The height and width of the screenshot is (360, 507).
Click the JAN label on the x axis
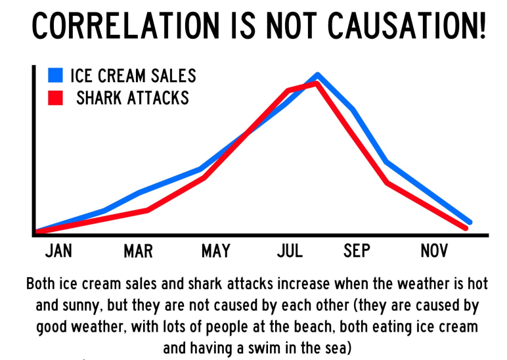click(x=58, y=251)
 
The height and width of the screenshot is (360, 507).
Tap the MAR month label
click(x=138, y=251)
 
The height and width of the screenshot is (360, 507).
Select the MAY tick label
click(x=215, y=251)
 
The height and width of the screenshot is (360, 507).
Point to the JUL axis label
click(x=290, y=251)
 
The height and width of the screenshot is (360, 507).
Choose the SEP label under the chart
click(x=357, y=251)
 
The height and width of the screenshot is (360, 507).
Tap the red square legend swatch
click(x=55, y=98)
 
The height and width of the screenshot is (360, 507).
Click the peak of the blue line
click(x=317, y=75)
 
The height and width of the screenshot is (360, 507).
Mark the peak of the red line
click(x=317, y=83)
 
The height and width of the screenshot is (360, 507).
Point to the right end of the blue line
click(x=469, y=222)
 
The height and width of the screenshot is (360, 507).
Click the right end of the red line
click(x=466, y=228)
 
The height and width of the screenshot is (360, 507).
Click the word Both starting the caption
click(x=41, y=285)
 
